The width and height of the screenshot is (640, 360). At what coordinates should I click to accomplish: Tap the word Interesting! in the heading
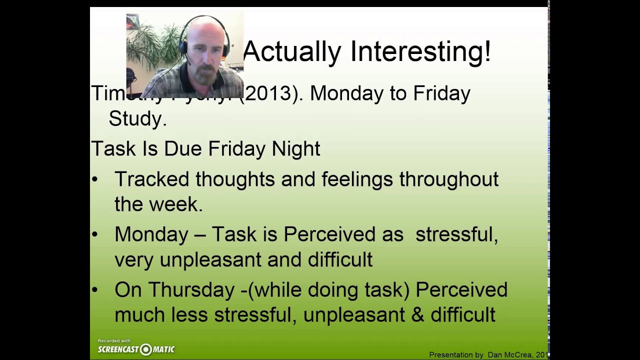pos(420,52)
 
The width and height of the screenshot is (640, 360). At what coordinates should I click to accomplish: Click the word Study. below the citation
pos(137,119)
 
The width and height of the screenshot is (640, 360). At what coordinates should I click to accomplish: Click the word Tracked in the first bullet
pos(151,179)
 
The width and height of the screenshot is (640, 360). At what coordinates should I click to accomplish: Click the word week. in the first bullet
pos(180,204)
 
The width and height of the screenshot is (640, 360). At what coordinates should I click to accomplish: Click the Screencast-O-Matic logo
pos(136,349)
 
